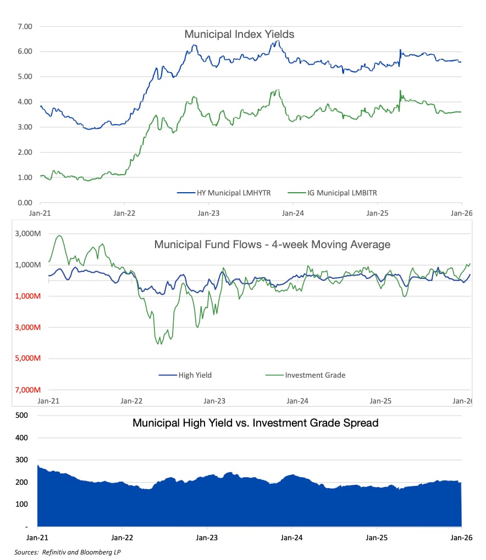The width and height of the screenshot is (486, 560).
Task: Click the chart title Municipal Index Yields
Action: [x=239, y=35]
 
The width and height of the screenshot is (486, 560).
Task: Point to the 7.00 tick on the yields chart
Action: [x=25, y=26]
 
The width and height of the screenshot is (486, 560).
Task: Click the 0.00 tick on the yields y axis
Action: [x=25, y=203]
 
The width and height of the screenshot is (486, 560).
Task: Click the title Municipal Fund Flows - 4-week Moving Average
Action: [x=272, y=244]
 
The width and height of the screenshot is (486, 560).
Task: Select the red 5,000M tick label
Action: [x=27, y=359]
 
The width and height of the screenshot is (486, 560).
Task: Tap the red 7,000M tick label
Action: [x=27, y=390]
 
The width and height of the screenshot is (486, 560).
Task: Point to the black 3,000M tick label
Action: [x=27, y=233]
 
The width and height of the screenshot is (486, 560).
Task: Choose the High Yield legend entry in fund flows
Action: [x=185, y=375]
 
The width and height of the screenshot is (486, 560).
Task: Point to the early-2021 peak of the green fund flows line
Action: [x=59, y=236]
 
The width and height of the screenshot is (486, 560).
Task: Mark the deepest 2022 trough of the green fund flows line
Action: [x=160, y=344]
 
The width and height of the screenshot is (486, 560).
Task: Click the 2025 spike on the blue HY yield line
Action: [x=400, y=50]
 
